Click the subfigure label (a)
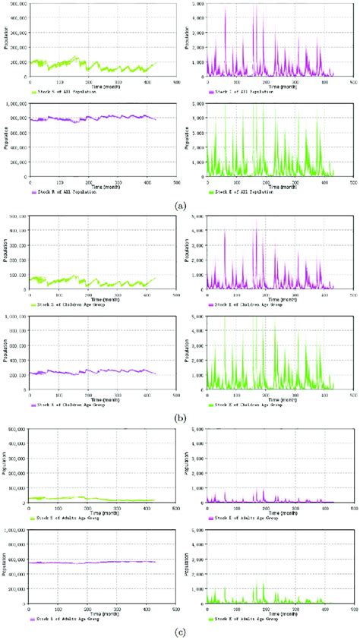(179, 205)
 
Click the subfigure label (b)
(179, 417)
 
